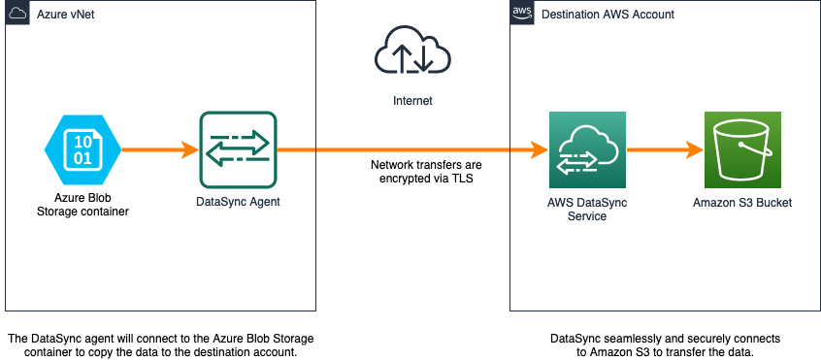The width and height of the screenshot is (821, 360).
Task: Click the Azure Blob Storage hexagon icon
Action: click(82, 150)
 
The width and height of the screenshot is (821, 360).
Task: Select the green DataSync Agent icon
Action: click(238, 150)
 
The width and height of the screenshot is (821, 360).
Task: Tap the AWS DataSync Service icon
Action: click(587, 150)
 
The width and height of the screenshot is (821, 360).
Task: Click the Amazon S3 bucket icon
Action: click(742, 150)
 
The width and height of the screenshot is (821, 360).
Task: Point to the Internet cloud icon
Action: click(412, 51)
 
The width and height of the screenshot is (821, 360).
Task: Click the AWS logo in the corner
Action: click(522, 14)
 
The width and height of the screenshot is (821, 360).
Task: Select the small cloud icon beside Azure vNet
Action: click(16, 14)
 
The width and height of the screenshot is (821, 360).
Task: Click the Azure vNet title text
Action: click(66, 15)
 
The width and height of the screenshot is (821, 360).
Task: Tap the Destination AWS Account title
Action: click(608, 15)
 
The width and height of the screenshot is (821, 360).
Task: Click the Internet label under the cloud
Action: click(412, 100)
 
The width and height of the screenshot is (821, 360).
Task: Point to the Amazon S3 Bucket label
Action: click(742, 203)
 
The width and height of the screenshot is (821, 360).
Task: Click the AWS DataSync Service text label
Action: click(587, 210)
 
